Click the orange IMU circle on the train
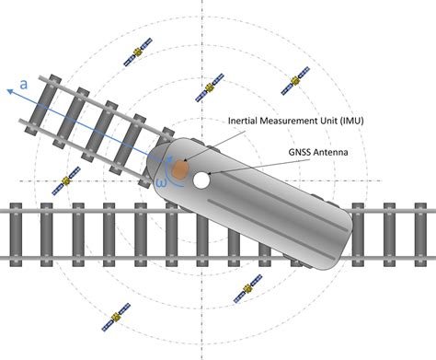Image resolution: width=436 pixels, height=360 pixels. [x=181, y=169]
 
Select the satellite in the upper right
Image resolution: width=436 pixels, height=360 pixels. [x=295, y=81]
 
